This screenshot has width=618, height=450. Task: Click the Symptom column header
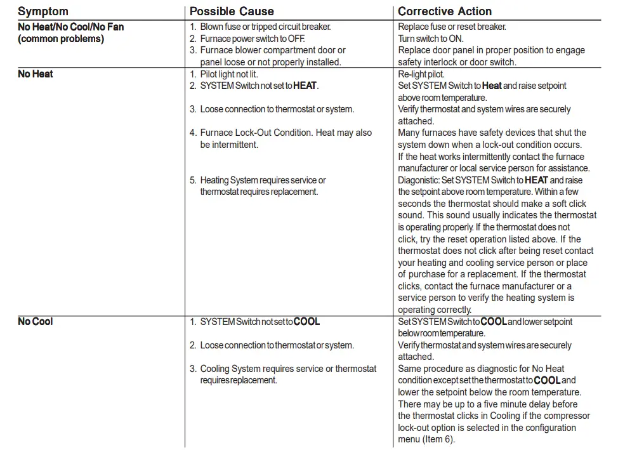43,11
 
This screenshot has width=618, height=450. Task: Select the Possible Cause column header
232,11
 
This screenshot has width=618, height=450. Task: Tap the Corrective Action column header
444,11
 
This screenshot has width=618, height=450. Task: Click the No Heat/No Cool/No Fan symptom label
70,27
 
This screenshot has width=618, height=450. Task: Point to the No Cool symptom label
36,321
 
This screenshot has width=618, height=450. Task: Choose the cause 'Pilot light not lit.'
229,74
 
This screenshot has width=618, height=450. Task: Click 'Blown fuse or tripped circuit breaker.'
265,27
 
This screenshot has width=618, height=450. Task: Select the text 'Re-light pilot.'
421,74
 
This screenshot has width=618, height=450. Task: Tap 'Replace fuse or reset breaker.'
452,27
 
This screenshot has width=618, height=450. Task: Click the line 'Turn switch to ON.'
430,39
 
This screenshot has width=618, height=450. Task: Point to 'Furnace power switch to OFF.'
253,39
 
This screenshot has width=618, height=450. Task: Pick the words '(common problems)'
61,39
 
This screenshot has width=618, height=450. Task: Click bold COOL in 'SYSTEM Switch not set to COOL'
306,322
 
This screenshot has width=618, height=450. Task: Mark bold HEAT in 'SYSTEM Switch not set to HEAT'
305,86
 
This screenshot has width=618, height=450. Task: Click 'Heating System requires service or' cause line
263,180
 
